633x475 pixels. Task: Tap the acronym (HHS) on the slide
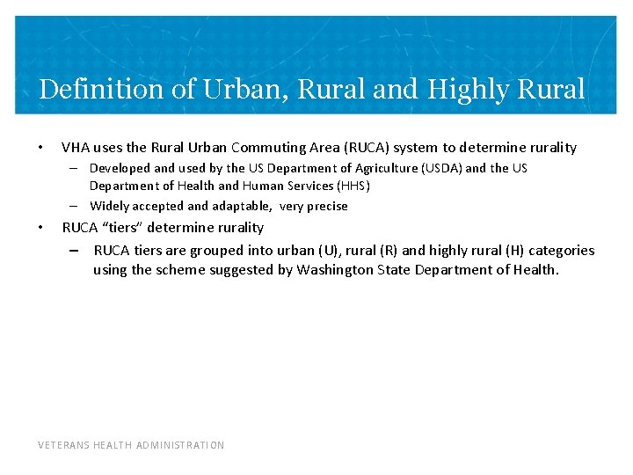tap(353, 186)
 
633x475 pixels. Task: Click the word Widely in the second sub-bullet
tap(110, 206)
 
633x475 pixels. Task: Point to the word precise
tap(327, 206)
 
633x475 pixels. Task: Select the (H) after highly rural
tap(514, 251)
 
